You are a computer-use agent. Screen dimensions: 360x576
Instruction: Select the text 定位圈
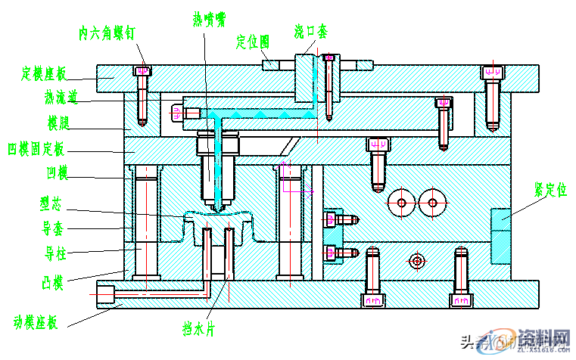(253, 41)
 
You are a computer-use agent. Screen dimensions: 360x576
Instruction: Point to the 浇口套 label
(311, 32)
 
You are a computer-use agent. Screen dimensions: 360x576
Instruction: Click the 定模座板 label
(44, 73)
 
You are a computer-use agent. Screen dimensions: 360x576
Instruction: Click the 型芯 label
(55, 203)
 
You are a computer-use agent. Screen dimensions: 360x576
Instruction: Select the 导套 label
(55, 226)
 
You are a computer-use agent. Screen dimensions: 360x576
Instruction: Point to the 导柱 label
(55, 250)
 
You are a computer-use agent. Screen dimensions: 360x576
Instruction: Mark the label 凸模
(52, 284)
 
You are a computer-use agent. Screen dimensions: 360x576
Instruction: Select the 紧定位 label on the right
(550, 188)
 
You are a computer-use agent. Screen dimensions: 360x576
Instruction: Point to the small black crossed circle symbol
(416, 261)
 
